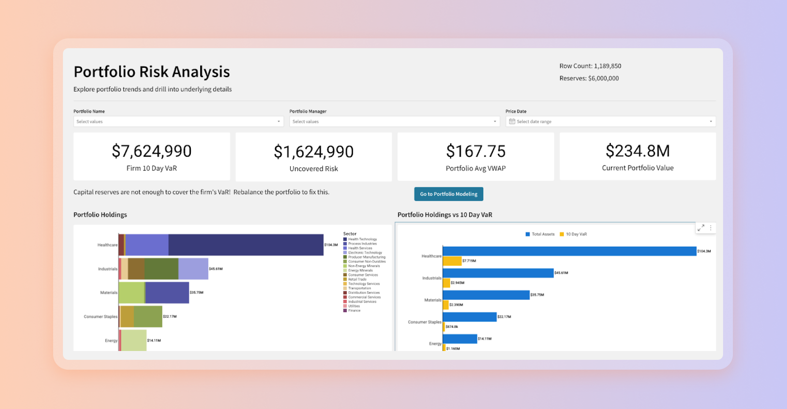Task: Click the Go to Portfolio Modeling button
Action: point(449,194)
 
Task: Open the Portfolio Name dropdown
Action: point(178,121)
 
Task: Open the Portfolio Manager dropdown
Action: point(394,121)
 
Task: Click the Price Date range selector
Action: point(610,121)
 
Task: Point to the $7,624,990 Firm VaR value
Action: point(151,151)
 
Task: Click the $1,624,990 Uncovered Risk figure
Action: point(314,152)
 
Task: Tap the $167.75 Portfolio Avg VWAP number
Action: point(476,151)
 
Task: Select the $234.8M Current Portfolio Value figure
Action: point(637,151)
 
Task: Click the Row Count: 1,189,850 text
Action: point(590,66)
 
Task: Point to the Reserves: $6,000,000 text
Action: point(589,78)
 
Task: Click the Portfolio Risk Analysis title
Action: point(151,72)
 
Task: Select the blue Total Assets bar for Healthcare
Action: point(569,251)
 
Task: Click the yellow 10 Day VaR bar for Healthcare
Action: point(452,261)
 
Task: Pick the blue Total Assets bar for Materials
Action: point(486,295)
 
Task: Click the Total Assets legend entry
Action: point(540,234)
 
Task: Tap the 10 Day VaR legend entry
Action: point(574,234)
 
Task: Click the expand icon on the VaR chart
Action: point(701,228)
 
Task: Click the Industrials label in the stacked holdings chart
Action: point(108,269)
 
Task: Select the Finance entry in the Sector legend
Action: point(354,311)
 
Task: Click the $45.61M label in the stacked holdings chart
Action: point(215,269)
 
